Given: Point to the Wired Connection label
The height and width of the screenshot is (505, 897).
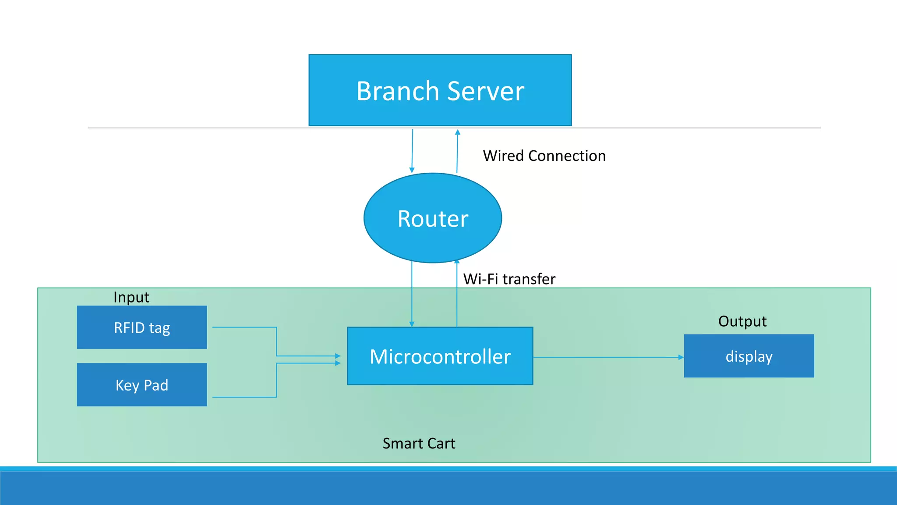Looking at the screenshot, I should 544,156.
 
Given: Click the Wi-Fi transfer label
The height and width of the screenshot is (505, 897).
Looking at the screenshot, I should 509,279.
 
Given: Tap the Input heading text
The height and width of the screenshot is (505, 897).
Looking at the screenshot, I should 131,298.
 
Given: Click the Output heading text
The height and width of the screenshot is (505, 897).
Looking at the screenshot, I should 742,321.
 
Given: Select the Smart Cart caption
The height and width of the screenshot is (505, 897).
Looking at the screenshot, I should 419,444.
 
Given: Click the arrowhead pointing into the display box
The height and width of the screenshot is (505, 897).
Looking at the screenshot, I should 681,357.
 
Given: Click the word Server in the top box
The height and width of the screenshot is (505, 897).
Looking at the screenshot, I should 486,91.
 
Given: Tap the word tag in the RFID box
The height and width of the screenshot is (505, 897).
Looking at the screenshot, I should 159,328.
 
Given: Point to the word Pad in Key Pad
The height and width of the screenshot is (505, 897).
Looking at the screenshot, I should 156,385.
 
